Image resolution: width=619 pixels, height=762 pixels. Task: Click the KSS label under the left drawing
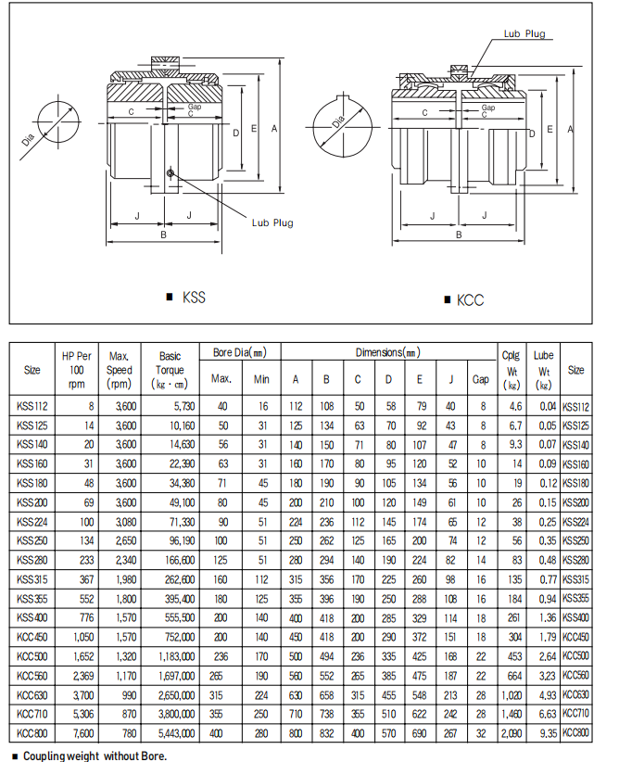(x=194, y=298)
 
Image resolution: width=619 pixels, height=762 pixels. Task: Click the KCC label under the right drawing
(x=470, y=299)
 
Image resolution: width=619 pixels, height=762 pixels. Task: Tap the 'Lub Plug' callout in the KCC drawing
(x=524, y=34)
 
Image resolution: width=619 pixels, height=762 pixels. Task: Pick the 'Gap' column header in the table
(x=481, y=378)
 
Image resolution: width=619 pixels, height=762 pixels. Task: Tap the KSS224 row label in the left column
(x=32, y=521)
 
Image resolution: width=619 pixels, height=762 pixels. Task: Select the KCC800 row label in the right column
(x=575, y=732)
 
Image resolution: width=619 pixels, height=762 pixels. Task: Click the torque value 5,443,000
(x=171, y=732)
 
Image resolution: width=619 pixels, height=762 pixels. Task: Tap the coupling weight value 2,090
(x=511, y=732)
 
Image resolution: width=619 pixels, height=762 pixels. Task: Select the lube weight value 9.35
(x=547, y=732)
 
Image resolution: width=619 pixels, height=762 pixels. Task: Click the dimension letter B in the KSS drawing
(x=163, y=235)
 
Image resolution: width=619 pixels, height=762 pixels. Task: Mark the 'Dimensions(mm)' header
(x=387, y=352)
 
